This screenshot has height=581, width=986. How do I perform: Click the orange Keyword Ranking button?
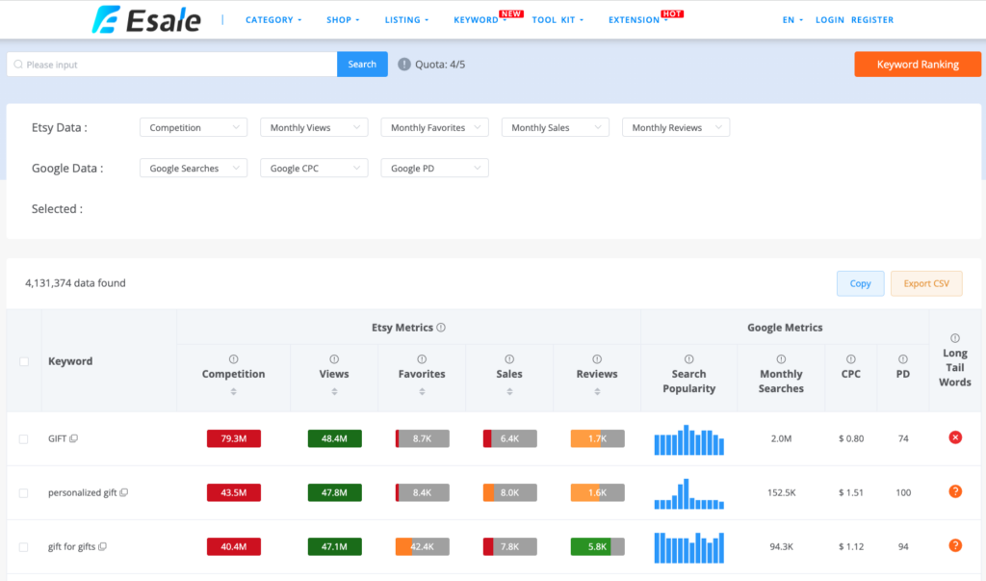click(x=917, y=65)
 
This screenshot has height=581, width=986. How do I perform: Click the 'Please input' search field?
click(x=173, y=65)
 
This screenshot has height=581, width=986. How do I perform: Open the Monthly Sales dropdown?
click(x=555, y=127)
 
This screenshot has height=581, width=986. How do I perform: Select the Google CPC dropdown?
click(x=314, y=168)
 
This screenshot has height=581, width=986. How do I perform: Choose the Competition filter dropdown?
click(x=193, y=127)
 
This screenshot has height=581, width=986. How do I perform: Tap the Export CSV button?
click(x=925, y=283)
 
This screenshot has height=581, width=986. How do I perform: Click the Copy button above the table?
click(x=860, y=283)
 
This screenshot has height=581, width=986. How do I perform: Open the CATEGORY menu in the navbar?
click(x=273, y=19)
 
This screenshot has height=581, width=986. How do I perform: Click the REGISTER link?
click(x=872, y=19)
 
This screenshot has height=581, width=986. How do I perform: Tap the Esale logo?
click(x=147, y=19)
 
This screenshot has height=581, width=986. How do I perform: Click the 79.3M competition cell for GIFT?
click(x=233, y=438)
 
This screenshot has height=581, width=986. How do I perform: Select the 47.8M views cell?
click(x=334, y=492)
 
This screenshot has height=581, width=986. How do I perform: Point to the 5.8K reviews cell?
click(x=597, y=546)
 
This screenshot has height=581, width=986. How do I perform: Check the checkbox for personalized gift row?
click(x=24, y=493)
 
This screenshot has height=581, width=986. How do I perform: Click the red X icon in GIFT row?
click(x=955, y=437)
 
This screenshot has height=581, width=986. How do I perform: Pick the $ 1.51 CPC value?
click(x=851, y=492)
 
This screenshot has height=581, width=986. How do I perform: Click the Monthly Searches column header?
click(x=781, y=381)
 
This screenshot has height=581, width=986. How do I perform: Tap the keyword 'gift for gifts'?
click(x=73, y=546)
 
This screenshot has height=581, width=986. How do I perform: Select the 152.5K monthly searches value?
click(x=781, y=492)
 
